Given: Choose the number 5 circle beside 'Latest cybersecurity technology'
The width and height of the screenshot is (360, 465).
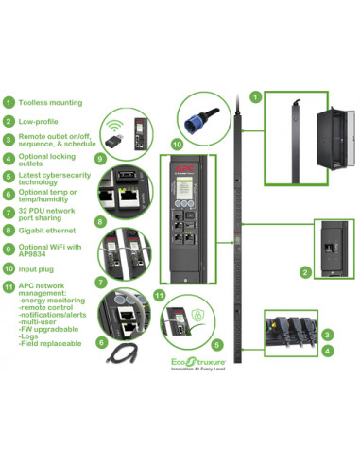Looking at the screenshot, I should [8, 177].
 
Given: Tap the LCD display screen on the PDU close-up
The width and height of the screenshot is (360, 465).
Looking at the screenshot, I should [183, 188].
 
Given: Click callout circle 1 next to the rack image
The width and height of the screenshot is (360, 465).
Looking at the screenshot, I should [253, 96].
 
